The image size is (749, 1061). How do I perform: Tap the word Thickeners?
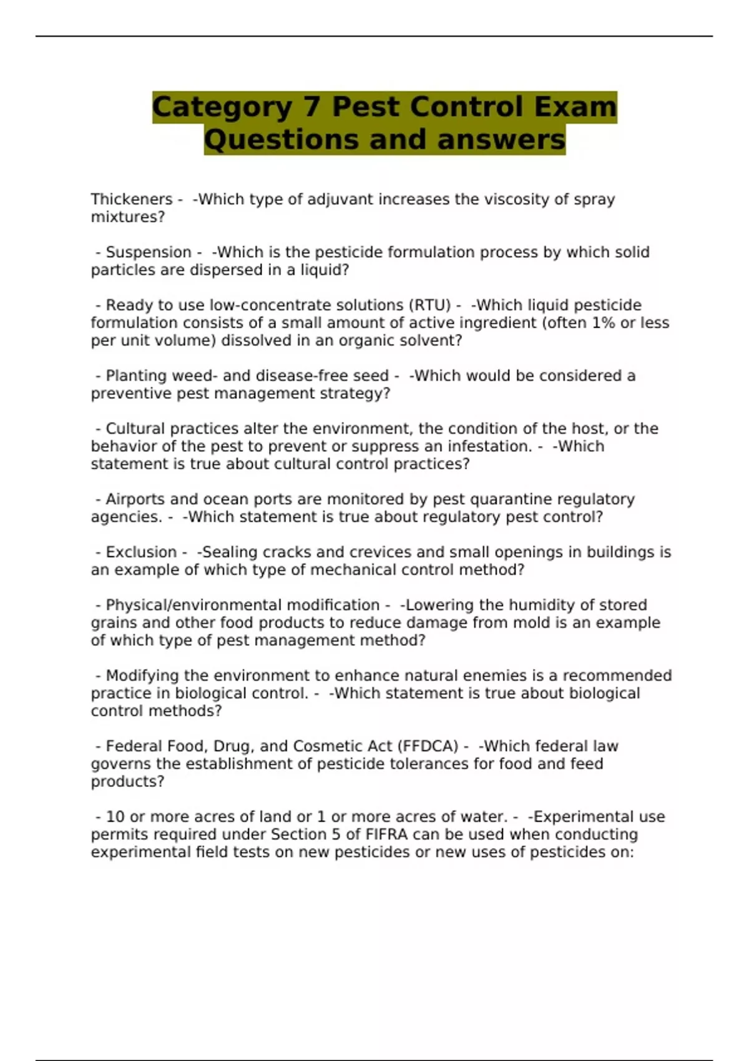click(132, 199)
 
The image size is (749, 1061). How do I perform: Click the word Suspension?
click(149, 252)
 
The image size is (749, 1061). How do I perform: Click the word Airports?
click(135, 499)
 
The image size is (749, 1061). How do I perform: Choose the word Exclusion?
click(141, 552)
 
